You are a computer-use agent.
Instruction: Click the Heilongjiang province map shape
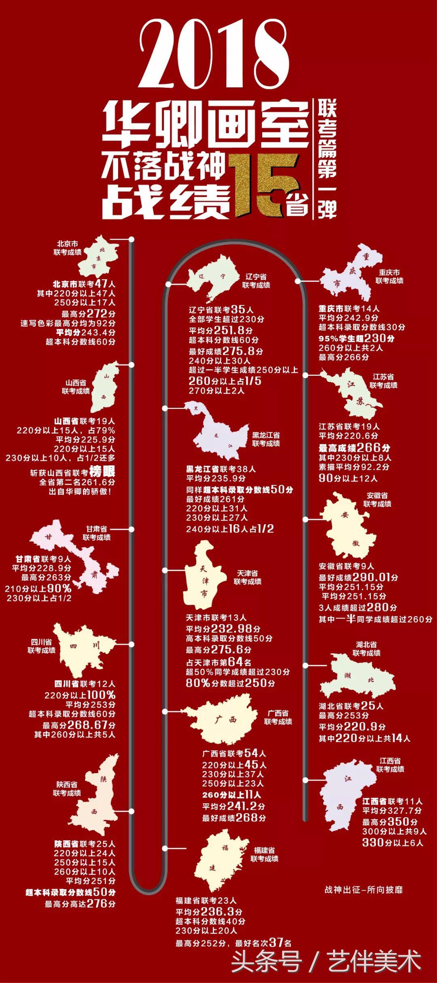click(x=218, y=433)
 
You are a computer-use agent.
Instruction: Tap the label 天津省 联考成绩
click(x=248, y=577)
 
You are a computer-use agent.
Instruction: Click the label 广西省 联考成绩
click(x=278, y=717)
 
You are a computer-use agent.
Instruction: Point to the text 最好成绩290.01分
click(x=359, y=577)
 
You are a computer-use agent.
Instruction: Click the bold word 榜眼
click(x=102, y=471)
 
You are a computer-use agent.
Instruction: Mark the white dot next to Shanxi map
click(x=132, y=364)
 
